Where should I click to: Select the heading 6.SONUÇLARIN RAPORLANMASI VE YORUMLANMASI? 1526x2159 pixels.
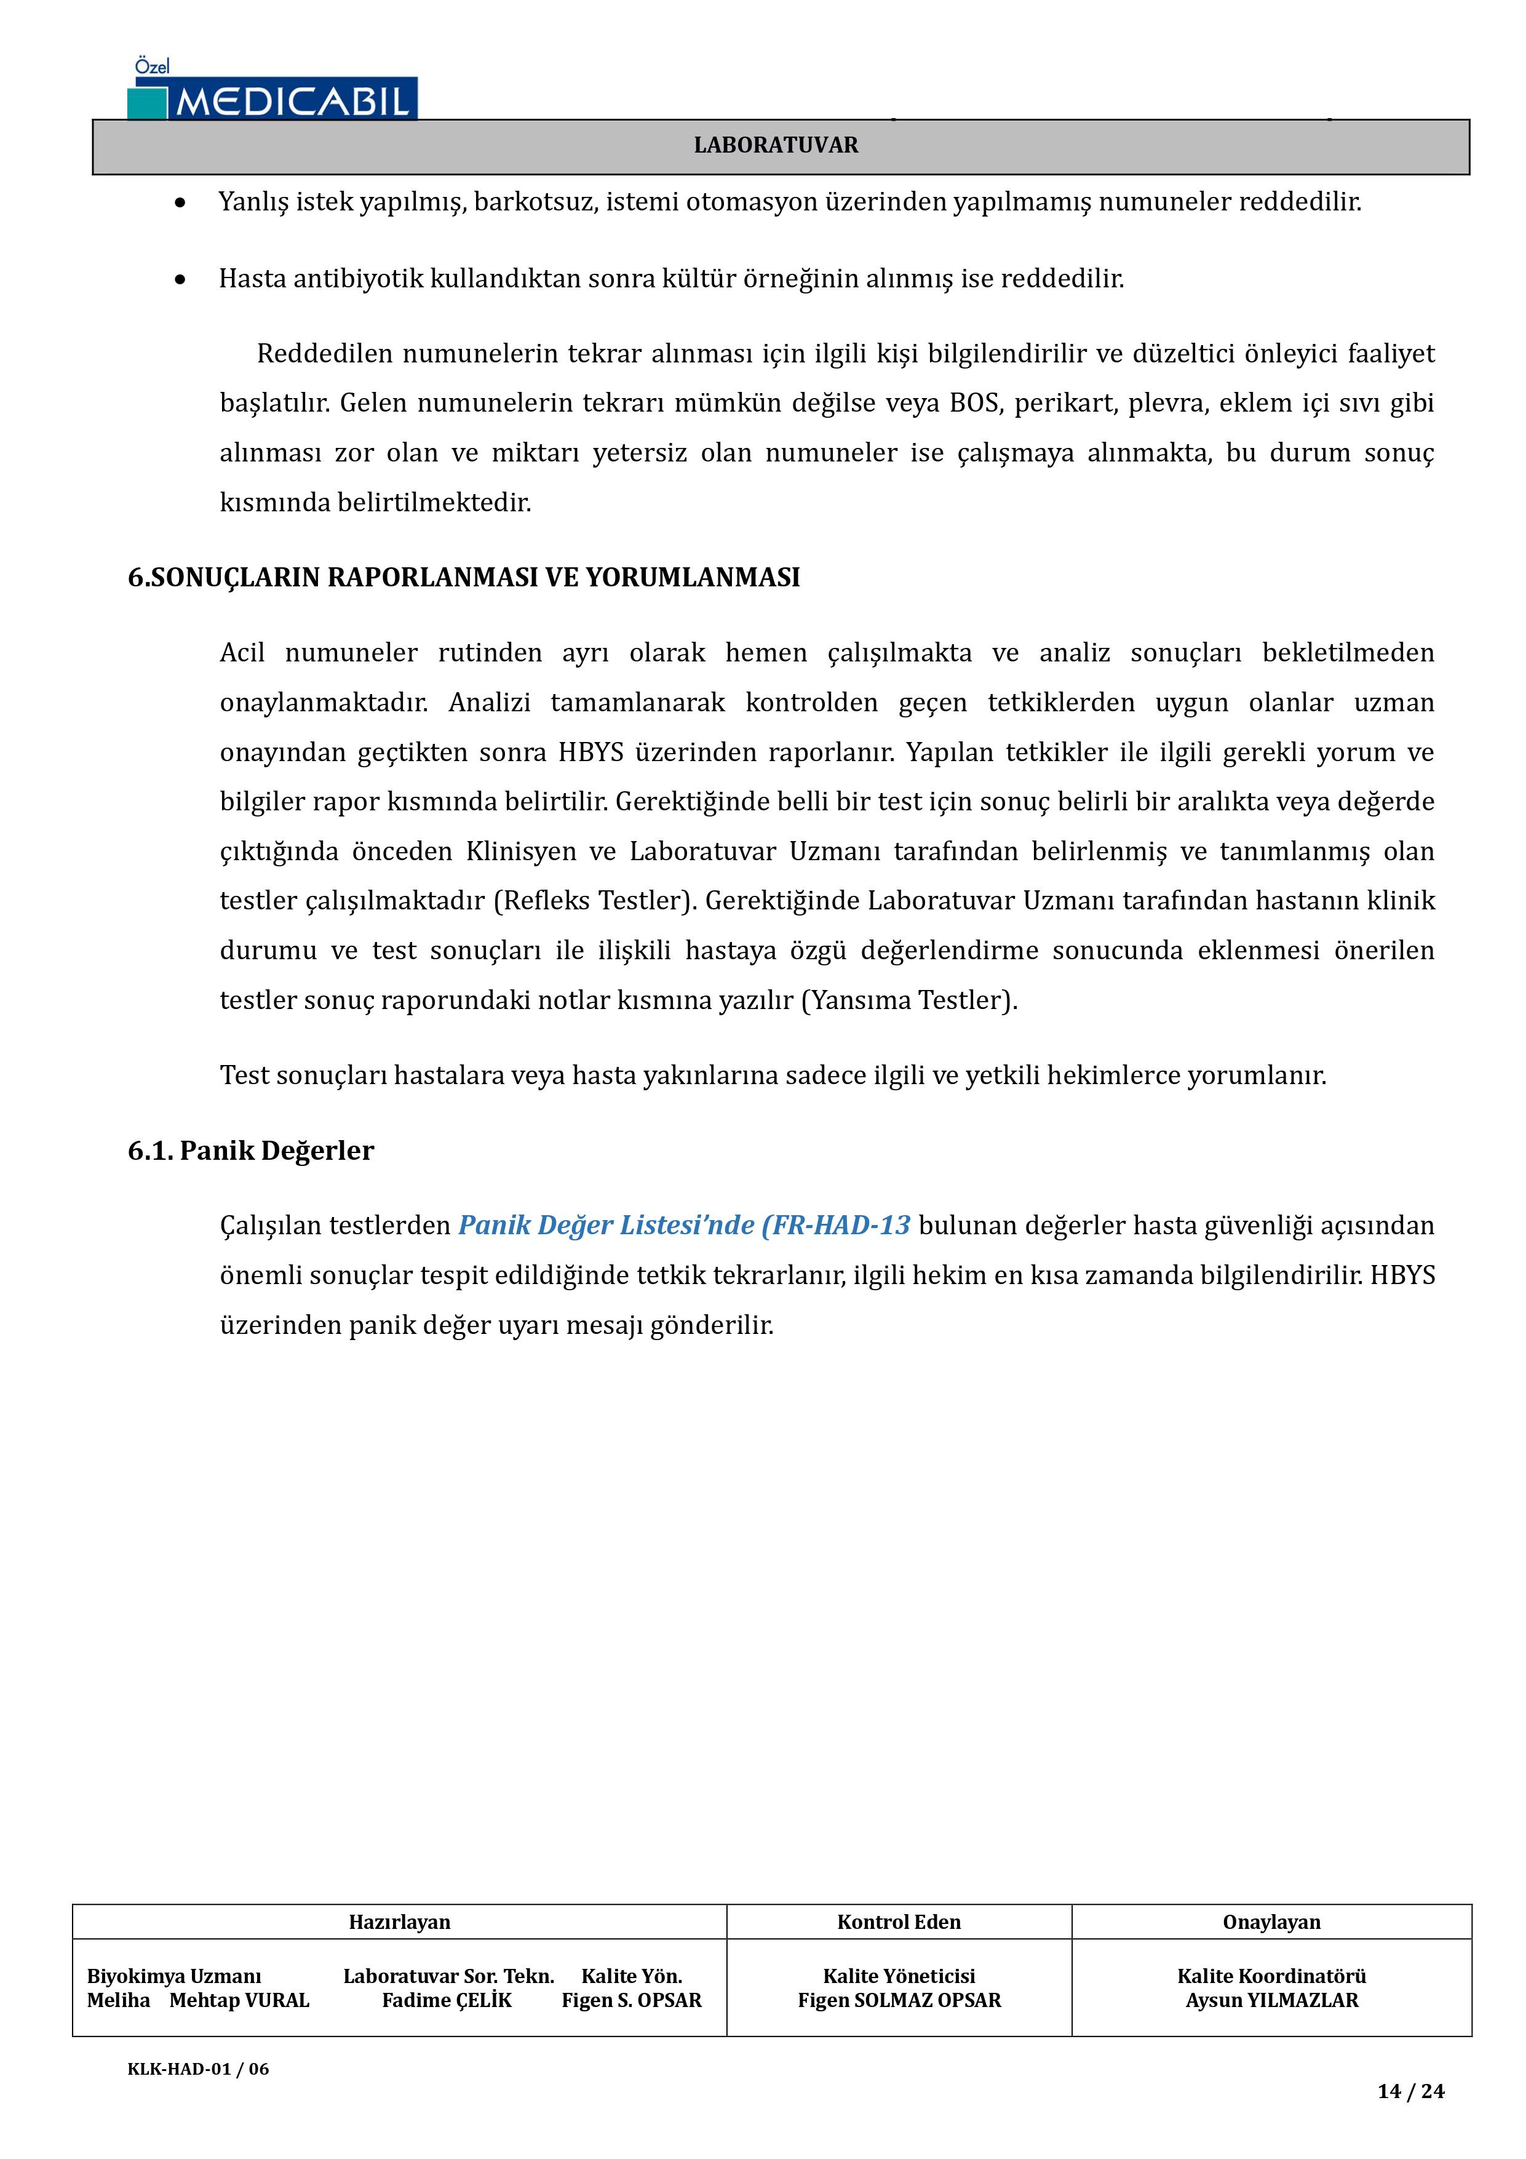pyautogui.click(x=464, y=577)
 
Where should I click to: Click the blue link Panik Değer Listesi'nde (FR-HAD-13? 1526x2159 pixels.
pyautogui.click(x=683, y=1225)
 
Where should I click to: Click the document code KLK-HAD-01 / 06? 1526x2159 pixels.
pyautogui.click(x=199, y=2068)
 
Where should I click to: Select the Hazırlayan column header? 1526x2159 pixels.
pyautogui.click(x=400, y=1922)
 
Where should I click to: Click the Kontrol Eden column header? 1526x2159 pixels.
pyautogui.click(x=899, y=1922)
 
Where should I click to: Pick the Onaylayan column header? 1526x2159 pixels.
pyautogui.click(x=1271, y=1922)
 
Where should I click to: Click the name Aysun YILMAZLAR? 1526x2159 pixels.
pyautogui.click(x=1271, y=2000)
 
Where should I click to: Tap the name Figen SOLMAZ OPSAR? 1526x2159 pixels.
pyautogui.click(x=899, y=2000)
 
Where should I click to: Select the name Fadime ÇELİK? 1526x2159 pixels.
pyautogui.click(x=447, y=2000)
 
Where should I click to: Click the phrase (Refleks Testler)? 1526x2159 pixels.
pyautogui.click(x=596, y=901)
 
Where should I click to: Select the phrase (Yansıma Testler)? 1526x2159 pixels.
pyautogui.click(x=909, y=1000)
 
